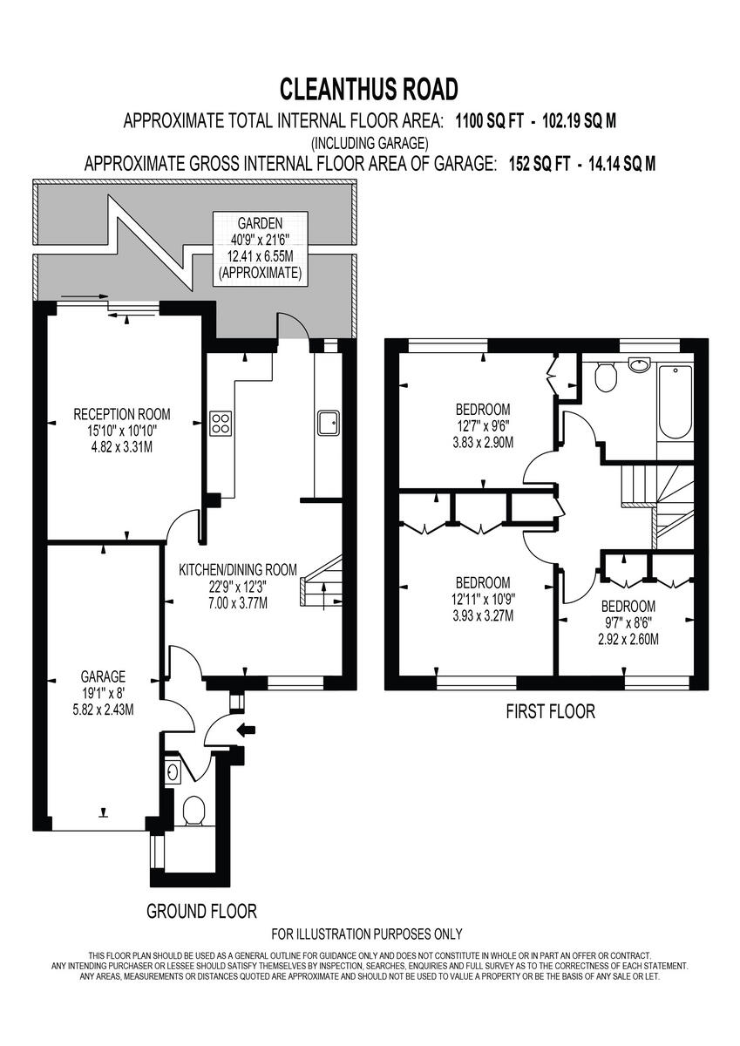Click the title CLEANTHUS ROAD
[369, 89]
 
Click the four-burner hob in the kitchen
[221, 424]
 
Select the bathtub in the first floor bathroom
[676, 403]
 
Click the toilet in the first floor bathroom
[604, 377]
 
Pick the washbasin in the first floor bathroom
[639, 363]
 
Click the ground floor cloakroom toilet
[193, 810]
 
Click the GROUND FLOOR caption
[201, 912]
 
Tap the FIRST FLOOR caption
[550, 712]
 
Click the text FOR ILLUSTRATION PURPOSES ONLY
[367, 934]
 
